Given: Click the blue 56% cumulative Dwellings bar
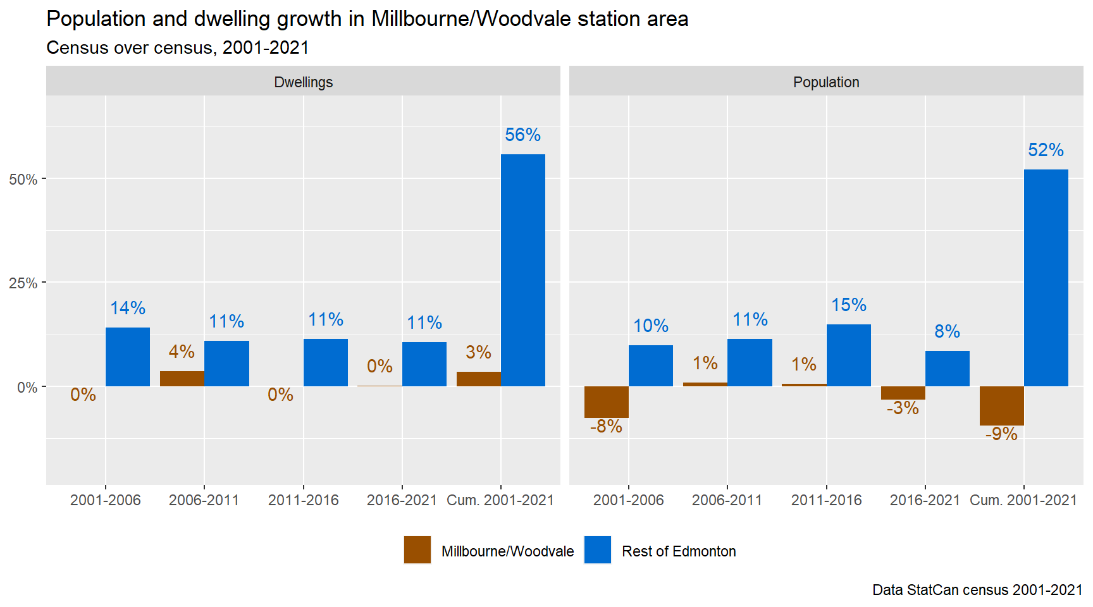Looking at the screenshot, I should pyautogui.click(x=522, y=270).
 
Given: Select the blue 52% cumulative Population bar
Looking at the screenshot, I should pyautogui.click(x=1046, y=278).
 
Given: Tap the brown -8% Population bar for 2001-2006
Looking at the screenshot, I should pyautogui.click(x=606, y=402).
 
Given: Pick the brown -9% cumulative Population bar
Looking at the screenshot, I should pyautogui.click(x=1001, y=406).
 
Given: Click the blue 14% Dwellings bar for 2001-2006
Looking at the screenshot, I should pyautogui.click(x=128, y=357).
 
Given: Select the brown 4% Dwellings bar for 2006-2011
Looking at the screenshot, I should pyautogui.click(x=182, y=379).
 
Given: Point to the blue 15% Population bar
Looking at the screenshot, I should pyautogui.click(x=848, y=355).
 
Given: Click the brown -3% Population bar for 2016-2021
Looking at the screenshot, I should pyautogui.click(x=903, y=393).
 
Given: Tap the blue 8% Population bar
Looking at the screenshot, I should pyautogui.click(x=947, y=369).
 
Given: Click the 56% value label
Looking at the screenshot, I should pyautogui.click(x=522, y=135).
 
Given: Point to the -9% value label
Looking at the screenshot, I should pyautogui.click(x=1001, y=434).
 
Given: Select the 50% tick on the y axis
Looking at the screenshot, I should pyautogui.click(x=23, y=180).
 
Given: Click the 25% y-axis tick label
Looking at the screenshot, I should pyautogui.click(x=23, y=283).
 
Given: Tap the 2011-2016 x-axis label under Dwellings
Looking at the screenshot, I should pyautogui.click(x=303, y=500).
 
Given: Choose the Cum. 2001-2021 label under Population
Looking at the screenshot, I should pyautogui.click(x=1023, y=500).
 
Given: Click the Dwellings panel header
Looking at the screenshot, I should pyautogui.click(x=303, y=82).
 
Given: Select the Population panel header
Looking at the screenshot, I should pyautogui.click(x=826, y=82).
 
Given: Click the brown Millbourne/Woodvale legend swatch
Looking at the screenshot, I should pyautogui.click(x=417, y=550).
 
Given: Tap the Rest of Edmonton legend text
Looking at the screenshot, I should pyautogui.click(x=679, y=551).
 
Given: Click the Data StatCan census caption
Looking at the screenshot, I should pyautogui.click(x=977, y=590).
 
